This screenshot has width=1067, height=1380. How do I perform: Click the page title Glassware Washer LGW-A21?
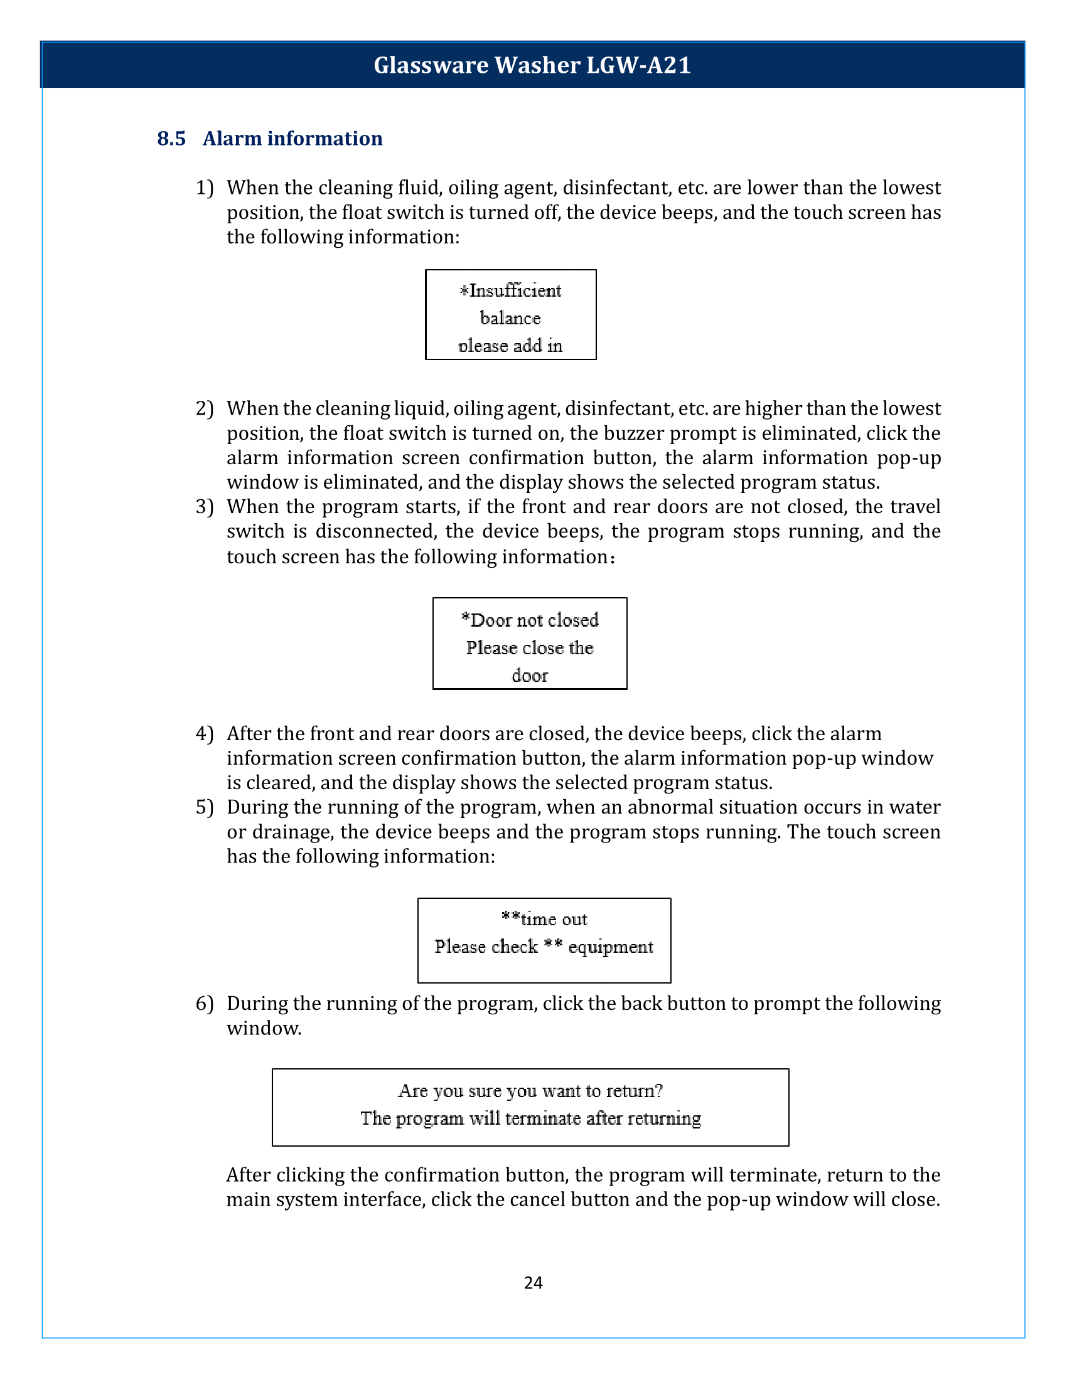(x=532, y=65)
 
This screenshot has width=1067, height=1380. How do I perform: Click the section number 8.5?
(x=171, y=139)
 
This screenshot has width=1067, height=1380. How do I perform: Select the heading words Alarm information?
(x=292, y=139)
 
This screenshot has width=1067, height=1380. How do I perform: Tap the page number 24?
(x=533, y=1282)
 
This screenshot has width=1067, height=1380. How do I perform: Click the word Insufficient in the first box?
(x=515, y=290)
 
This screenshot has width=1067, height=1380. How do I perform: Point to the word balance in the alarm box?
(x=510, y=318)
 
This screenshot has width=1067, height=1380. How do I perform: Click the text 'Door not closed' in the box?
(x=530, y=620)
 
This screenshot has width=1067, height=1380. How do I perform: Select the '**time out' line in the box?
(x=544, y=919)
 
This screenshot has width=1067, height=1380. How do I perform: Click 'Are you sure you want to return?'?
(x=530, y=1091)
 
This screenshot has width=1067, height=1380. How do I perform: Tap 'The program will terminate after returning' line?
(x=530, y=1118)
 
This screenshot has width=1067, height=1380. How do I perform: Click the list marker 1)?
(x=205, y=188)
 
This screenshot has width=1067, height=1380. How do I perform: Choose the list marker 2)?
(x=205, y=408)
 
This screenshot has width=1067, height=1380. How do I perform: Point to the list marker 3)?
(x=205, y=507)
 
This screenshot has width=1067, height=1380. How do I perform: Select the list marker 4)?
(x=205, y=734)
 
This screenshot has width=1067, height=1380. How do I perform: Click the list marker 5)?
(x=205, y=807)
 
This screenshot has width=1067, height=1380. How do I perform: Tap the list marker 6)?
(x=205, y=1004)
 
